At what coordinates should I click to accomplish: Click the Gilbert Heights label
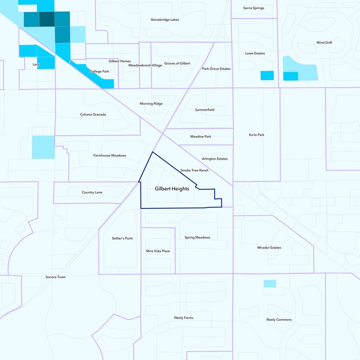tap(172, 189)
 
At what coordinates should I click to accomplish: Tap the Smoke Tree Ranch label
tap(194, 171)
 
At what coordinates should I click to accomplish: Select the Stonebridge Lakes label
tap(165, 20)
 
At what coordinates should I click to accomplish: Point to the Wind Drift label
tap(324, 43)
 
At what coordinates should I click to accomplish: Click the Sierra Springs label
tap(254, 8)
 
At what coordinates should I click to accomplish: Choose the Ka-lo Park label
tap(256, 135)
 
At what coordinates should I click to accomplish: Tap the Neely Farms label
tap(184, 318)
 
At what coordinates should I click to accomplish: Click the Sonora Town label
tap(56, 277)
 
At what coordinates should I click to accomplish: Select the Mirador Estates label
tap(269, 247)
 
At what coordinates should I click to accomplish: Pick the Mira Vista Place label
tap(158, 251)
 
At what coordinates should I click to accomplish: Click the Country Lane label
tap(92, 192)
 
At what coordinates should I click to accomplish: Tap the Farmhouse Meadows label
tap(110, 155)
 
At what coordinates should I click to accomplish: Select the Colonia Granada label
tap(93, 114)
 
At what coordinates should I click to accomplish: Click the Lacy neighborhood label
tap(36, 64)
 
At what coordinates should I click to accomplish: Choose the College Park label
tap(99, 71)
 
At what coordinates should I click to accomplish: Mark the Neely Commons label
tap(279, 319)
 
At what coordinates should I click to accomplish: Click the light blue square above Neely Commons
tap(270, 283)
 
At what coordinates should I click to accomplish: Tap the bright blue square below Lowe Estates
tap(267, 76)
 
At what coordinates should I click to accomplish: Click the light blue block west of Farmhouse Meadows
tap(43, 147)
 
